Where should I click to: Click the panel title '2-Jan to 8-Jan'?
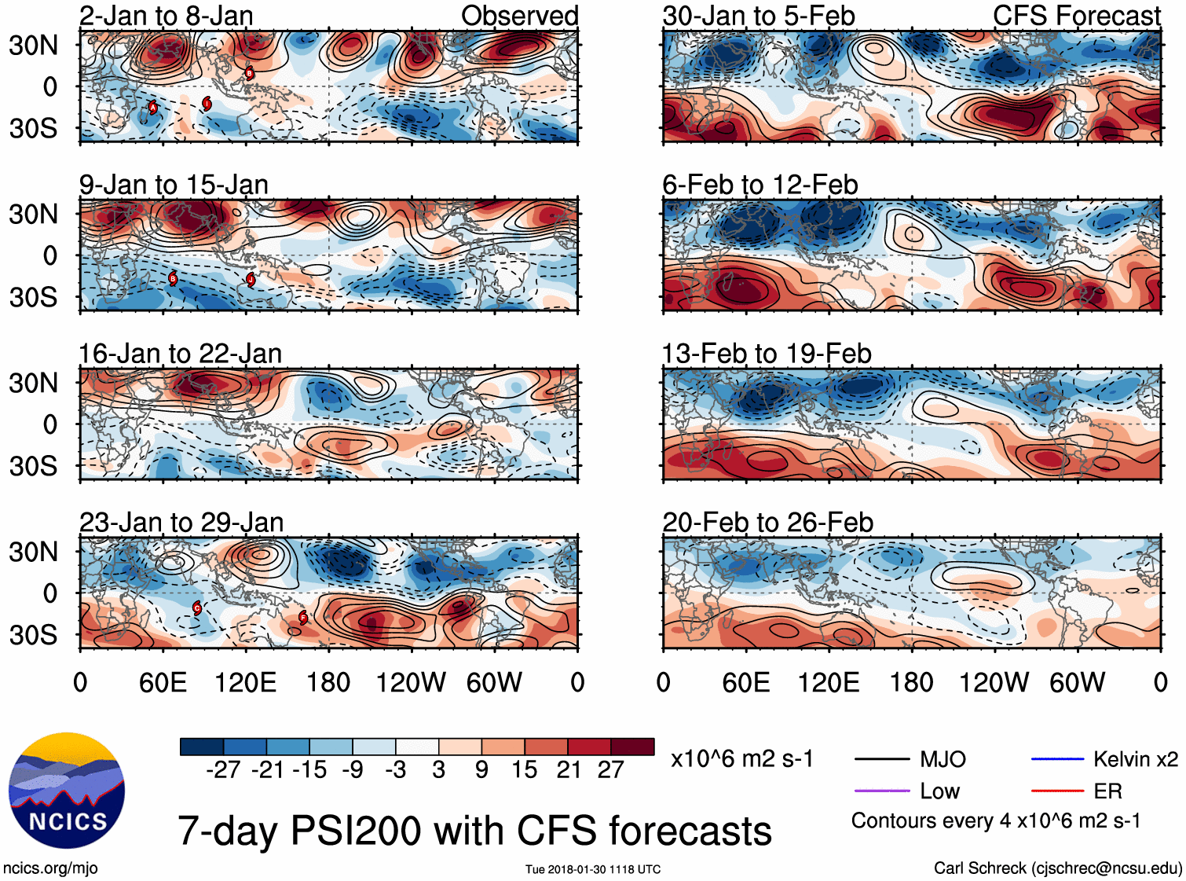coord(166,16)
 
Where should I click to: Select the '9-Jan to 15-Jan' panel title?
coord(174,185)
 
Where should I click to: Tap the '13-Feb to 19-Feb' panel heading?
coord(767,354)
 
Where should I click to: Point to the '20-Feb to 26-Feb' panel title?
coord(767,523)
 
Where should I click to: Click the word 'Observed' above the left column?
coord(519,16)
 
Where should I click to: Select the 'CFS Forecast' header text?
coord(1076,16)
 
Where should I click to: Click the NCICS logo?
coord(67,791)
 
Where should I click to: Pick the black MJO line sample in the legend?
coord(881,759)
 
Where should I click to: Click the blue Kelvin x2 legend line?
coord(1057,759)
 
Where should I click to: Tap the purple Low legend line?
coord(881,791)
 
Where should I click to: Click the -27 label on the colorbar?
coord(223,770)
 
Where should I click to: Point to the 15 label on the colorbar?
coord(524,770)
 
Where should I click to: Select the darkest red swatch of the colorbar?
coord(632,747)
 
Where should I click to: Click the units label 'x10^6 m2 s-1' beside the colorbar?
coord(741,759)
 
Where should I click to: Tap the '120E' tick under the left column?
coord(245,682)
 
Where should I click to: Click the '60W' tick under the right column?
coord(1077,682)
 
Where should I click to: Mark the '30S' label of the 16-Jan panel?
coord(33,466)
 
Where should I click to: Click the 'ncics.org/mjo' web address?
coord(50,868)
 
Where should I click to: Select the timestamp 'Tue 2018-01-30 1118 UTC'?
coord(593,869)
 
